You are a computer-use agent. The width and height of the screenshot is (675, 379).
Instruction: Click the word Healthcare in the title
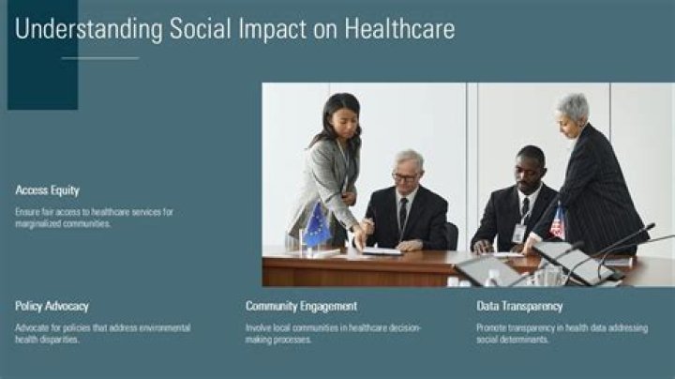[x=399, y=28]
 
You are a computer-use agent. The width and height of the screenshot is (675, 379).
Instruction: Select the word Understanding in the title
[x=89, y=29]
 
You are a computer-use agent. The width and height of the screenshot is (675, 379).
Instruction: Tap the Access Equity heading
[x=48, y=190]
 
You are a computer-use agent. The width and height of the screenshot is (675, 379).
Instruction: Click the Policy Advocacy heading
[x=52, y=306]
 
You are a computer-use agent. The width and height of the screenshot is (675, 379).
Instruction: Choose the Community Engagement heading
[x=301, y=306]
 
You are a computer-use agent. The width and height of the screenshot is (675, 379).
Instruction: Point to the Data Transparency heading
[x=519, y=306]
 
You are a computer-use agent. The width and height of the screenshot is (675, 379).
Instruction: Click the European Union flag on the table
[x=317, y=226]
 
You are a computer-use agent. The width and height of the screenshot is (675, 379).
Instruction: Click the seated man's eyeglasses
[x=405, y=176]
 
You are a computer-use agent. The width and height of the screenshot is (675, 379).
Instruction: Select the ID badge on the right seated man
[x=518, y=234]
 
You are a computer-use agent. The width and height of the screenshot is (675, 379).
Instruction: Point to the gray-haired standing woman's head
[x=574, y=114]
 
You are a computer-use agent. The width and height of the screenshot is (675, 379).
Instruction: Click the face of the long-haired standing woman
[x=347, y=123]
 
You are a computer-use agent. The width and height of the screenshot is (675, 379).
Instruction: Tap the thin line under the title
[x=100, y=58]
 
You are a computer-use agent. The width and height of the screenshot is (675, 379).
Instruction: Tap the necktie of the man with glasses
[x=403, y=214]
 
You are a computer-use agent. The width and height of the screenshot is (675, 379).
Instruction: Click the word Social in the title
[x=201, y=28]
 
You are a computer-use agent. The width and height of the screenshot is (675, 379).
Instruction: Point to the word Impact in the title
[x=273, y=29]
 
